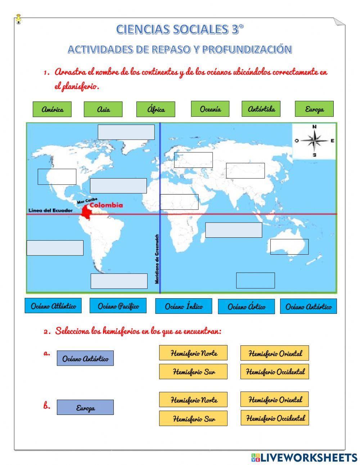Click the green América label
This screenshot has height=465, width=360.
52,109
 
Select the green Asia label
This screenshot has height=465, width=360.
103,109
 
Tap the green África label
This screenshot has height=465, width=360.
156,109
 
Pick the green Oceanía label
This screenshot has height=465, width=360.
210,109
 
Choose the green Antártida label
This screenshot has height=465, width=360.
261,109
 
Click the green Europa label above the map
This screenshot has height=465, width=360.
314,109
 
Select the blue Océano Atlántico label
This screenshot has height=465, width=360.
53,306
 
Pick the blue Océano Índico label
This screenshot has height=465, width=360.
184,306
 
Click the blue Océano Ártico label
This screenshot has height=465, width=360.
246,307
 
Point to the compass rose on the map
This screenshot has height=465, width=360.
314,141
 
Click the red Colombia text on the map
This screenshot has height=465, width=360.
106,205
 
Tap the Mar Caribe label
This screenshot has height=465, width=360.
87,201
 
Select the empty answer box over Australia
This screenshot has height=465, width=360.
289,247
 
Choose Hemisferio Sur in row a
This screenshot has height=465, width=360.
193,371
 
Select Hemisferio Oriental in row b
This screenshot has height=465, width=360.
275,399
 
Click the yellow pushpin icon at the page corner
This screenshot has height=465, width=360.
19,19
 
